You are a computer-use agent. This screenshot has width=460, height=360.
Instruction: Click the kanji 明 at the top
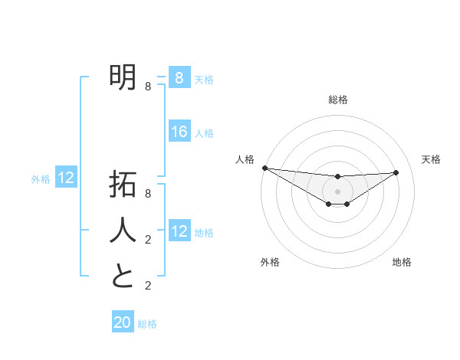pyautogui.click(x=123, y=76)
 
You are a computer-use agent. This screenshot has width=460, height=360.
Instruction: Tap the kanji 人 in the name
pyautogui.click(x=123, y=230)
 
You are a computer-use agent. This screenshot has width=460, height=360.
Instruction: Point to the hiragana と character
pyautogui.click(x=123, y=275)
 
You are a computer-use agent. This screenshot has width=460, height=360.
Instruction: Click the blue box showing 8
pyautogui.click(x=179, y=77)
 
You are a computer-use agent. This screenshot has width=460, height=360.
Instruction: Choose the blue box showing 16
pyautogui.click(x=179, y=132)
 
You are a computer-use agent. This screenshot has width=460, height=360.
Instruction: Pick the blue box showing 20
pyautogui.click(x=123, y=322)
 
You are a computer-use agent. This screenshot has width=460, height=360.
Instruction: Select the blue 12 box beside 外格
pyautogui.click(x=66, y=178)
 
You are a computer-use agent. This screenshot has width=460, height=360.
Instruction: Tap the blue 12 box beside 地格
pyautogui.click(x=179, y=231)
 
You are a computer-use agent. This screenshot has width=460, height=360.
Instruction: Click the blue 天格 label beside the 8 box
pyautogui.click(x=204, y=79)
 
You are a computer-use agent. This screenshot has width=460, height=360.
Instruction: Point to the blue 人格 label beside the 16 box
pyautogui.click(x=204, y=133)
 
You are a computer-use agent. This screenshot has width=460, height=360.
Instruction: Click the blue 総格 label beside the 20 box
pyautogui.click(x=147, y=324)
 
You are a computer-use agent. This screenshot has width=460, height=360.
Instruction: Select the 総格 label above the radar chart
pyautogui.click(x=337, y=100)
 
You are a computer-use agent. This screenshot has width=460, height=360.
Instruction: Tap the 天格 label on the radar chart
pyautogui.click(x=431, y=159)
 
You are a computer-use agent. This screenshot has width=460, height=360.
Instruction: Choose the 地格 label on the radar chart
pyautogui.click(x=402, y=262)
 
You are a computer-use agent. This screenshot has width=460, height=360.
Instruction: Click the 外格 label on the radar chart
pyautogui.click(x=270, y=262)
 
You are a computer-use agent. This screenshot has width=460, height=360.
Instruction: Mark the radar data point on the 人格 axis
pyautogui.click(x=264, y=168)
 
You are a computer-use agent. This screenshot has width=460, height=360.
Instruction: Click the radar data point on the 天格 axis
pyautogui.click(x=396, y=172)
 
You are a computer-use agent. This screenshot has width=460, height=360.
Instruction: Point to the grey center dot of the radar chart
pyautogui.click(x=337, y=191)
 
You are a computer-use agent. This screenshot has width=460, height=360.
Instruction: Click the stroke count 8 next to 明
pyautogui.click(x=148, y=87)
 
